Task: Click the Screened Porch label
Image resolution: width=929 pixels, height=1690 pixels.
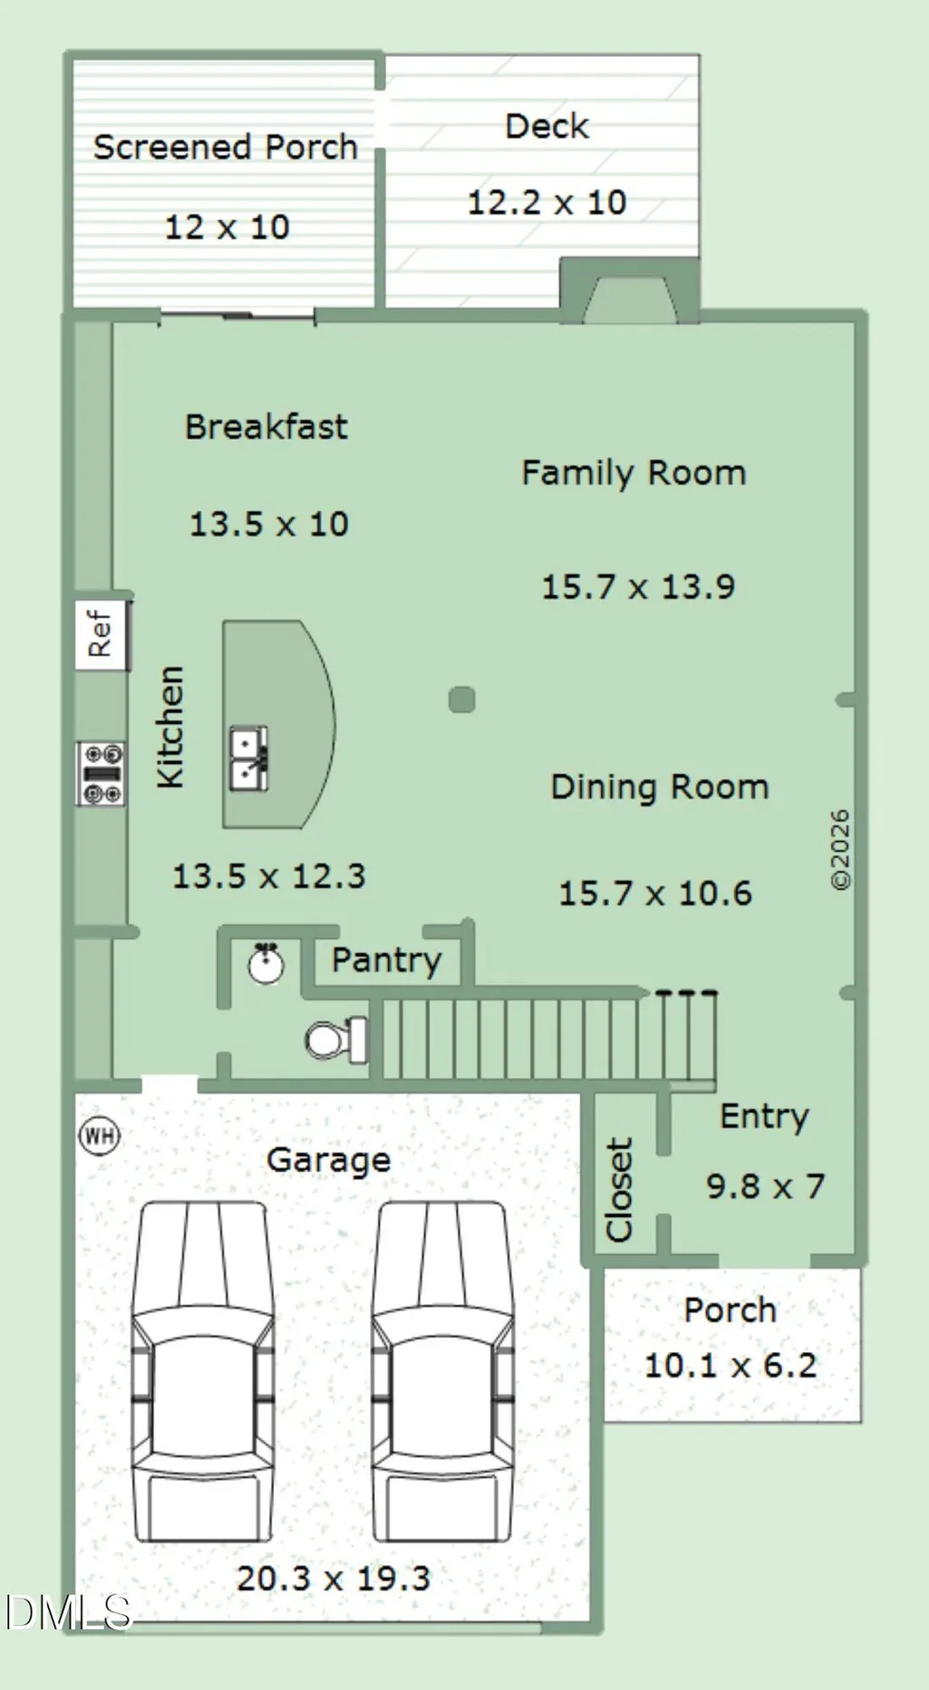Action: click(x=226, y=147)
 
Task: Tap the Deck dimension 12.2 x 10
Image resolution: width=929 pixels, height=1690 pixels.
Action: click(x=547, y=202)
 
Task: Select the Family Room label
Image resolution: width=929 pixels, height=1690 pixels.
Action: click(x=634, y=473)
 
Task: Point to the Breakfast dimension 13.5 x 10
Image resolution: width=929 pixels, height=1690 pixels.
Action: click(x=268, y=524)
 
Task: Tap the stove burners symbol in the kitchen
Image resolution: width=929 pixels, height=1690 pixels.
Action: click(x=101, y=774)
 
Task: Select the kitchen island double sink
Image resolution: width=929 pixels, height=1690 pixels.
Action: click(x=248, y=758)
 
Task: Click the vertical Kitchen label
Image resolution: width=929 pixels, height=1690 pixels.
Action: click(x=170, y=727)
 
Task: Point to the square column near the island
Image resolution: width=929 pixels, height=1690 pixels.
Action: click(x=462, y=700)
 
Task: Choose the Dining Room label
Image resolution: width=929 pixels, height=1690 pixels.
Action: click(x=660, y=787)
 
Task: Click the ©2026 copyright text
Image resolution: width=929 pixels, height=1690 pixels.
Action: click(x=840, y=850)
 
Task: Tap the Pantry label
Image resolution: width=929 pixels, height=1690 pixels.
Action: click(x=387, y=960)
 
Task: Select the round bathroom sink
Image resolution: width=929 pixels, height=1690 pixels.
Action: click(x=266, y=964)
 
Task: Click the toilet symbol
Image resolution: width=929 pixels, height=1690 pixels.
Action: click(x=336, y=1039)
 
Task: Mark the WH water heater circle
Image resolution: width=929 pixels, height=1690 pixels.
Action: click(x=100, y=1135)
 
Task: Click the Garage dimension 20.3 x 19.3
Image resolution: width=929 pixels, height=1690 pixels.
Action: click(x=334, y=1579)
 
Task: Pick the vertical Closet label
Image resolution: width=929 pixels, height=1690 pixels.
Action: click(x=619, y=1189)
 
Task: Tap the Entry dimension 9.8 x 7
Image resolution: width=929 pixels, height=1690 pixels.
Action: click(x=766, y=1186)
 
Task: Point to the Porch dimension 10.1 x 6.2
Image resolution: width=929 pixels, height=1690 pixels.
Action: click(x=731, y=1366)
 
